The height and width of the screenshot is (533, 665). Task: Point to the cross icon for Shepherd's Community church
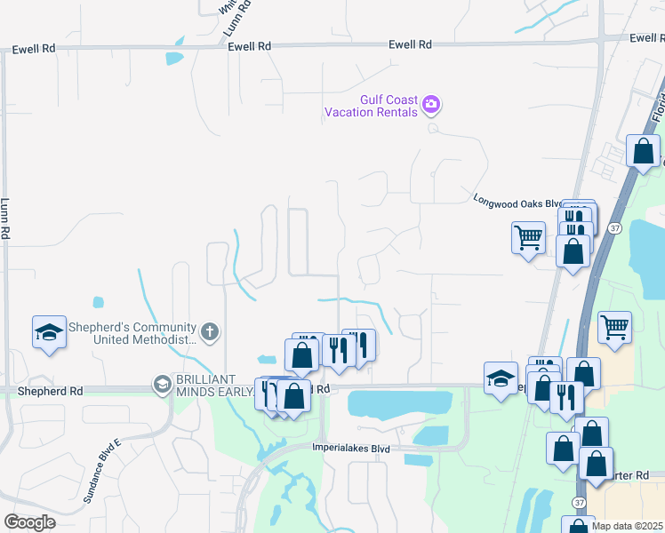click(209, 333)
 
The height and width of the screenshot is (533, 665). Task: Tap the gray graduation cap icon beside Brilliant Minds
click(162, 384)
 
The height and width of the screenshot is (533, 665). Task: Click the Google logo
click(29, 522)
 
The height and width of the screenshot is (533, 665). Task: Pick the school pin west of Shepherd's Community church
click(49, 332)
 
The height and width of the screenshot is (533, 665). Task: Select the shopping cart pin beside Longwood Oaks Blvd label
click(529, 237)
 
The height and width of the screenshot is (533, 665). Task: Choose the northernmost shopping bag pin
click(643, 151)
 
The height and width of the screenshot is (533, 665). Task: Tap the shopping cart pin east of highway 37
click(614, 327)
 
